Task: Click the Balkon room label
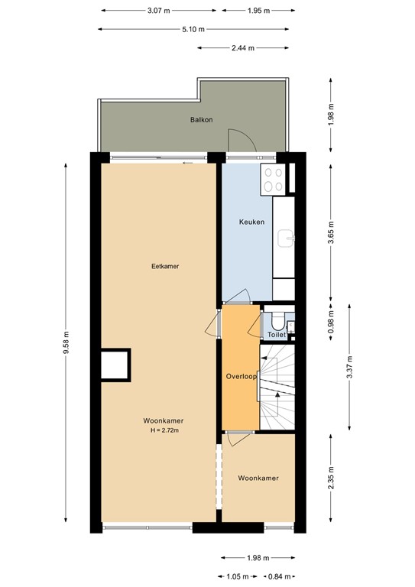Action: click(x=201, y=120)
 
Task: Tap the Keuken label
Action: click(x=252, y=222)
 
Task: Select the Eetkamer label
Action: click(x=165, y=266)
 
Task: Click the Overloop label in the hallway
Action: click(x=241, y=377)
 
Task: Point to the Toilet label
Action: click(x=276, y=335)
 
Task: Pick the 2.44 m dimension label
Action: click(x=242, y=47)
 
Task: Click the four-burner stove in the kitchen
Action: click(x=274, y=179)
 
